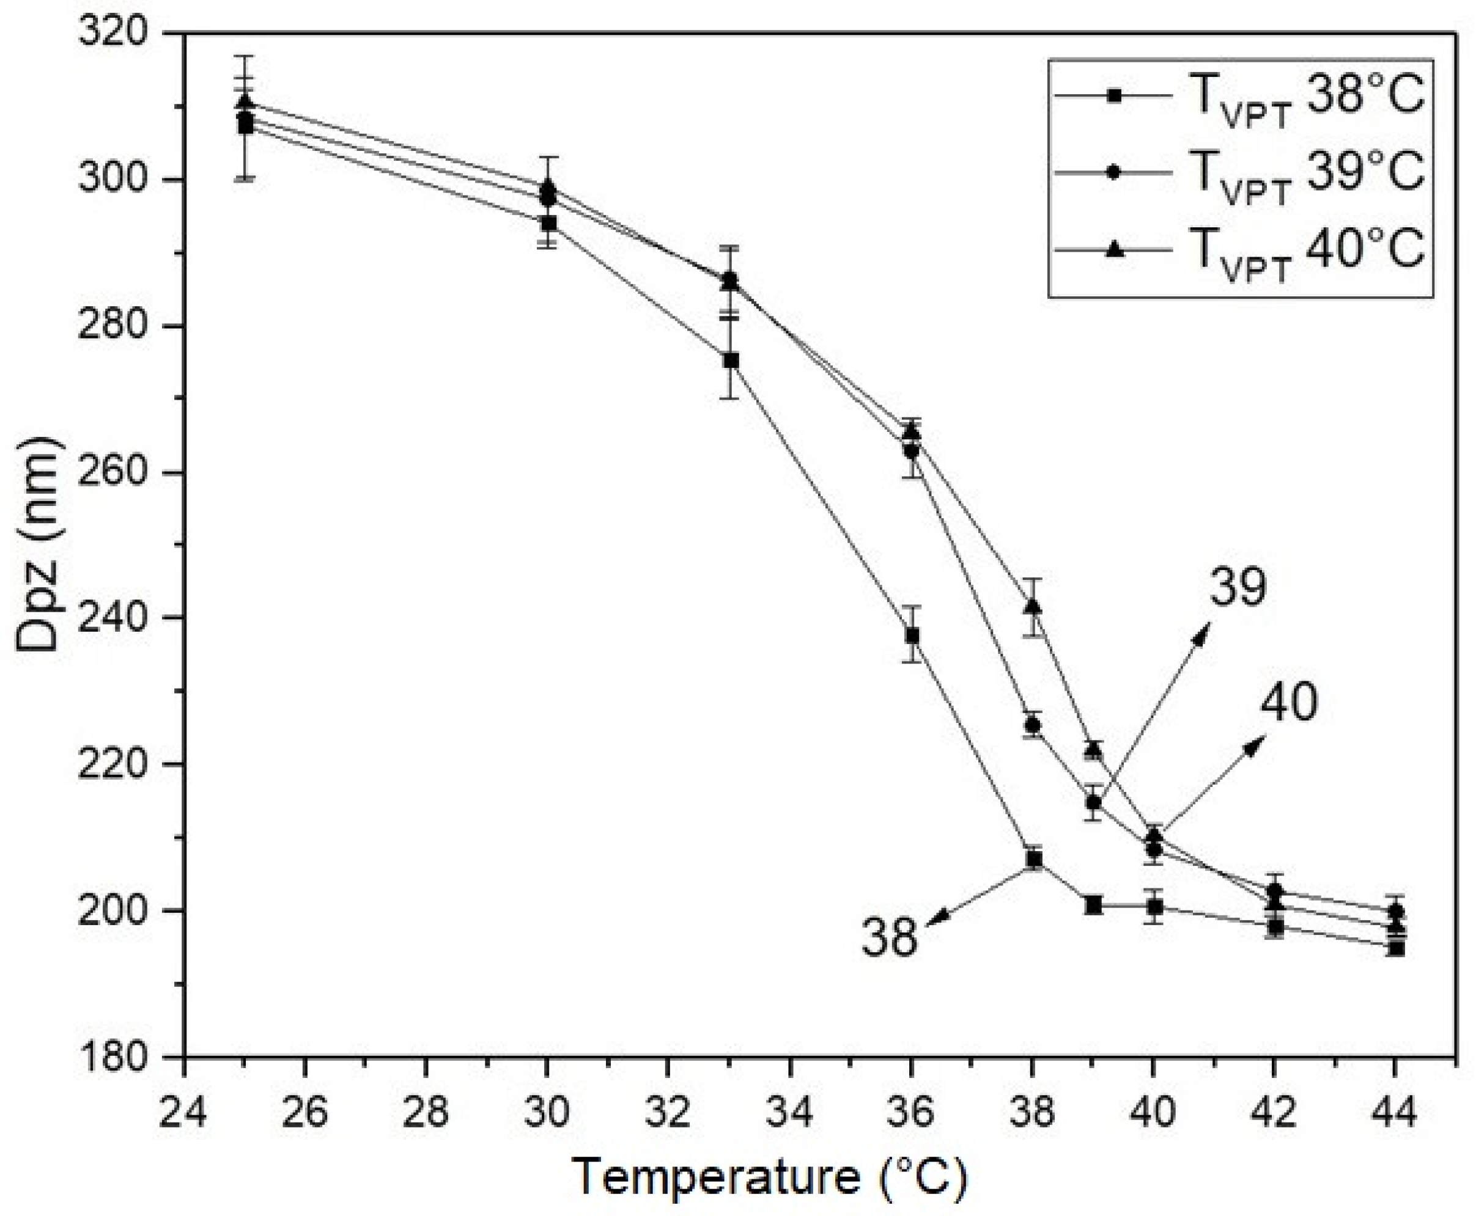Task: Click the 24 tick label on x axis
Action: click(183, 1111)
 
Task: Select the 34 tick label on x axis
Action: click(790, 1111)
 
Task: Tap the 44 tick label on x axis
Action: click(1395, 1111)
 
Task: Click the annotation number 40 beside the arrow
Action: click(1288, 703)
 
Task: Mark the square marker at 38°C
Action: click(1034, 859)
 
